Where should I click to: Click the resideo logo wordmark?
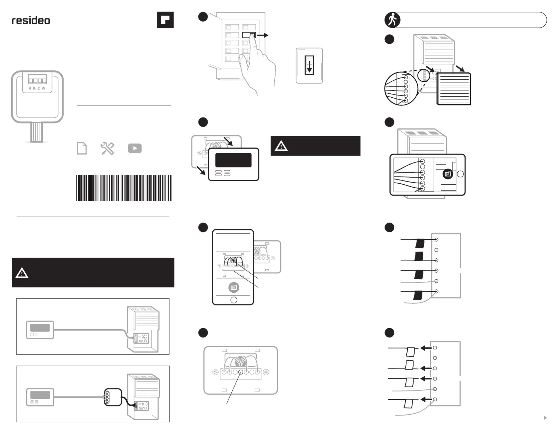pyautogui.click(x=31, y=20)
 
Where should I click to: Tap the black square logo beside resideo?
pyautogui.click(x=165, y=20)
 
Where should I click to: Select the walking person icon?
pyautogui.click(x=392, y=20)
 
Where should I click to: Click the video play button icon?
pyautogui.click(x=135, y=148)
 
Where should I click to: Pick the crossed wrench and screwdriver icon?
pyautogui.click(x=107, y=148)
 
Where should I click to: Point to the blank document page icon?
pyautogui.click(x=82, y=148)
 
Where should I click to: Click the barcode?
pyautogui.click(x=124, y=188)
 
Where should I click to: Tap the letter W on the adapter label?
pyautogui.click(x=44, y=88)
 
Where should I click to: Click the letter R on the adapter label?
pyautogui.click(x=30, y=88)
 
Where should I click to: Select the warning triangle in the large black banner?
pyautogui.click(x=22, y=273)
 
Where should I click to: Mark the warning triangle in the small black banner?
pyautogui.click(x=281, y=146)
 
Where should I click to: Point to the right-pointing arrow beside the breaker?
pyautogui.click(x=263, y=35)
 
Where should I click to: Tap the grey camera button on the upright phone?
pyautogui.click(x=234, y=287)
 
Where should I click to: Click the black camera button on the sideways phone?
pyautogui.click(x=448, y=174)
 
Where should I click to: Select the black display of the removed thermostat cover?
pyautogui.click(x=233, y=160)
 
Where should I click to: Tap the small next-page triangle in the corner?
pyautogui.click(x=545, y=418)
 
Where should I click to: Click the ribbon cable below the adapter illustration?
pyautogui.click(x=37, y=132)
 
